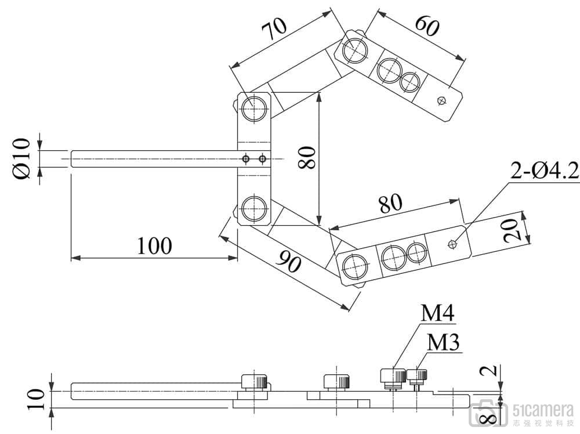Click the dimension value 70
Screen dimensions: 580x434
(274, 29)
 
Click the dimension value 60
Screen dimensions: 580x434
(427, 26)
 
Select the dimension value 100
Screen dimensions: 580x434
(155, 245)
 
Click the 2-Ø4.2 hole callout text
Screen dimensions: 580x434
(545, 171)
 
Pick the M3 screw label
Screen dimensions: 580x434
(443, 342)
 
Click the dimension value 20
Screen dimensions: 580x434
(510, 230)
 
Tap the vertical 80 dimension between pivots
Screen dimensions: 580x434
(307, 158)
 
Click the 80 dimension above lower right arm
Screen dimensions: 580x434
(390, 203)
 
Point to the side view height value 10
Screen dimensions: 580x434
(36, 399)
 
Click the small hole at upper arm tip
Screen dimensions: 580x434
(441, 100)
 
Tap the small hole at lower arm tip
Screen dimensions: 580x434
(452, 244)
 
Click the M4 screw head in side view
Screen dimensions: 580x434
(393, 376)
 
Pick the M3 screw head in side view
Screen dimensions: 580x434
(417, 375)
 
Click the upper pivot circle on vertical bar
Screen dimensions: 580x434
(254, 108)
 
